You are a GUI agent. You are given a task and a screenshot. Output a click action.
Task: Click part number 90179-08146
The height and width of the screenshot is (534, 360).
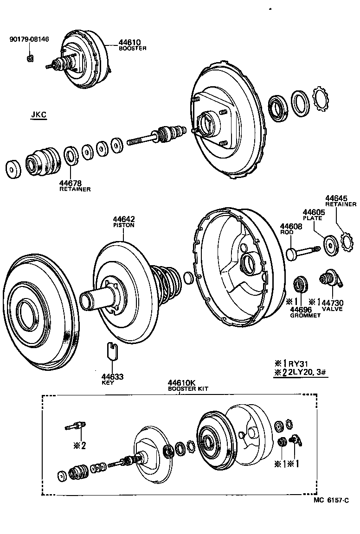click(x=29, y=39)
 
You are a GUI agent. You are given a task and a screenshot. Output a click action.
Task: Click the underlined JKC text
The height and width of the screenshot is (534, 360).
click(x=39, y=115)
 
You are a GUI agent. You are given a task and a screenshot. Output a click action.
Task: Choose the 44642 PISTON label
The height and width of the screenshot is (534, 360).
click(x=123, y=222)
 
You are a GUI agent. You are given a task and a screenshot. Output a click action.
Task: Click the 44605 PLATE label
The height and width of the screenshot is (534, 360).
click(x=314, y=214)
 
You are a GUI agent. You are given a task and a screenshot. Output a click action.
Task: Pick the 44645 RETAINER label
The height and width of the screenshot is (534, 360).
click(x=340, y=201)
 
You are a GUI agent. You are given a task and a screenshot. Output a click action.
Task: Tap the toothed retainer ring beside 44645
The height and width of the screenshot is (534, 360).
click(x=347, y=242)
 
